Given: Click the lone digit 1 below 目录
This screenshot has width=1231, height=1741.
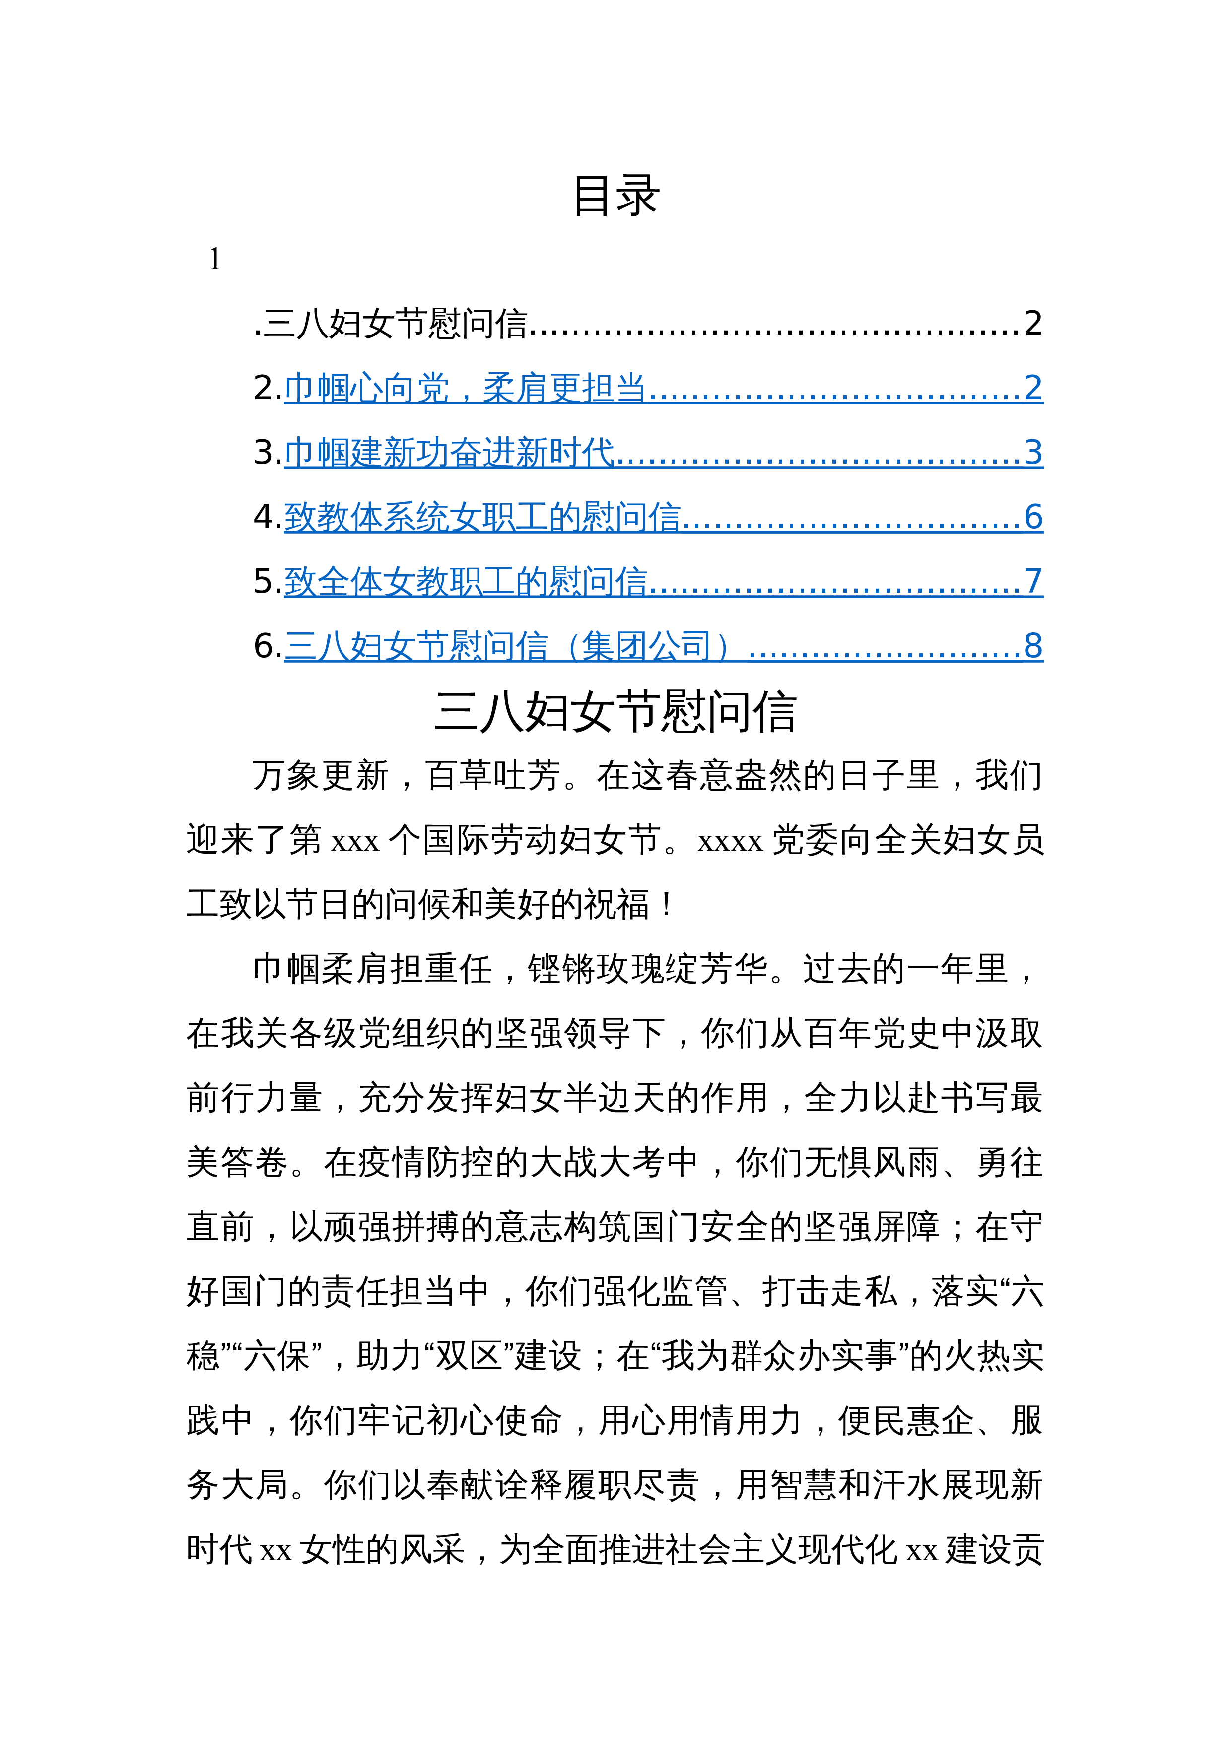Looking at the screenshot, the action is tap(214, 260).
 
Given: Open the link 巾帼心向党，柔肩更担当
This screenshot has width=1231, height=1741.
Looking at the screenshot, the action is tap(464, 388).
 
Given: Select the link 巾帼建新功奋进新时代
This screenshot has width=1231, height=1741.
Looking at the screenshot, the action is tap(449, 453).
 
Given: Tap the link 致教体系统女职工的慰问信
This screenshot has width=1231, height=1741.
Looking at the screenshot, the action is tap(482, 517).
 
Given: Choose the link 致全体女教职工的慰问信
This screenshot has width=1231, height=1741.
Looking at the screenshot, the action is tap(466, 582).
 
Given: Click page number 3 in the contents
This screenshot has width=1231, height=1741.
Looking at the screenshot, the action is tap(1033, 453).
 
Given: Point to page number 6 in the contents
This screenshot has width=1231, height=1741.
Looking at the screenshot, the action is tap(1033, 517).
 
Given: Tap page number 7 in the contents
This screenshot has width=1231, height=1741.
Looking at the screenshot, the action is tap(1033, 582).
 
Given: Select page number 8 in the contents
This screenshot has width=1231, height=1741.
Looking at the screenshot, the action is tap(1033, 646).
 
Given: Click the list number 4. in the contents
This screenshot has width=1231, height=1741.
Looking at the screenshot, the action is tap(268, 517).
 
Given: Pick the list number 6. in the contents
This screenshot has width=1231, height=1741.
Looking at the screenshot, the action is tap(268, 646).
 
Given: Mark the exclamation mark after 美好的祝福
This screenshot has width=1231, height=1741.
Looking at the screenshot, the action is tap(667, 905).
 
